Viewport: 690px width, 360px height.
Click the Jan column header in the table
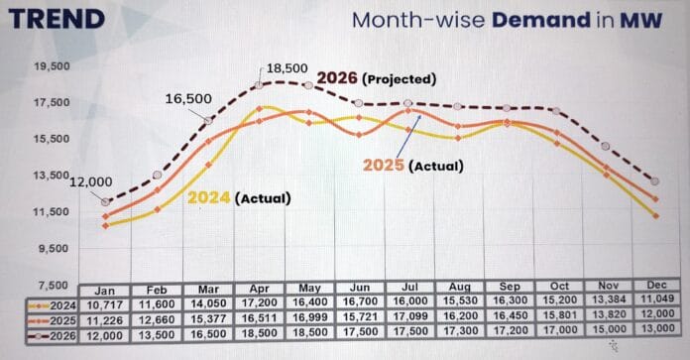point(104,291)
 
